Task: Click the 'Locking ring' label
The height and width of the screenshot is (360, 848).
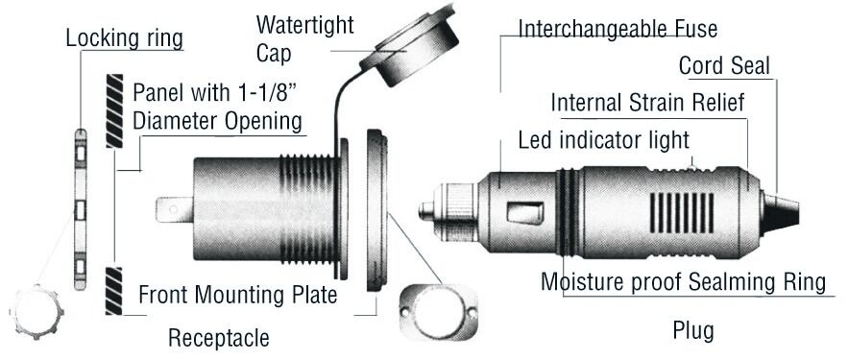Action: coord(125,39)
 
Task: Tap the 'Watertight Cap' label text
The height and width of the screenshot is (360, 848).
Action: coord(304,39)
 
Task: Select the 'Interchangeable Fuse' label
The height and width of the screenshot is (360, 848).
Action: coord(618,28)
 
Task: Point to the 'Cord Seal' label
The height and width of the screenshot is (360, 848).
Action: coord(724,66)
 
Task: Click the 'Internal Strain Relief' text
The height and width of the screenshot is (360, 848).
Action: coord(648,102)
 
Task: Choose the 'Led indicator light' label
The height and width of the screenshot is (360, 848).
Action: coord(603,140)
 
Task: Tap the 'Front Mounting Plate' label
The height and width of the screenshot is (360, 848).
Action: coord(238,295)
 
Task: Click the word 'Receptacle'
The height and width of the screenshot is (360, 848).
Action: coord(219,338)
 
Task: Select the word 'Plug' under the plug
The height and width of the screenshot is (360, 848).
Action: coord(693,330)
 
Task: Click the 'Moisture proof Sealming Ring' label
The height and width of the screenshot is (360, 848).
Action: coord(684,282)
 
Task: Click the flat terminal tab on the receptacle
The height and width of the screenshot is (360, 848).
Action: coord(174,209)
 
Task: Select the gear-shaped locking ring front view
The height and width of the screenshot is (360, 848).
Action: coord(36,312)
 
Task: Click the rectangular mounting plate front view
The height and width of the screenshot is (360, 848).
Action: coord(439,312)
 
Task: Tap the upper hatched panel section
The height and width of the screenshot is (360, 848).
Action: coord(114,110)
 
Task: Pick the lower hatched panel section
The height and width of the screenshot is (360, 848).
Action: coord(114,291)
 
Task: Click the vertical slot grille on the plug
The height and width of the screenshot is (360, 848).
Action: coord(681,212)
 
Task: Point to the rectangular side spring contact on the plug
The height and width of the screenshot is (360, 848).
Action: coord(525,212)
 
